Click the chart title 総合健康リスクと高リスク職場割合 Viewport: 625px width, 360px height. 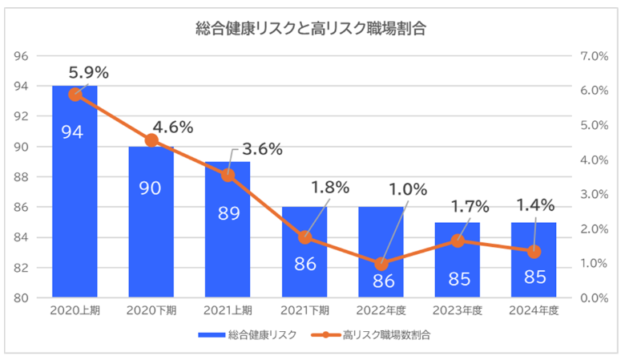[311, 30]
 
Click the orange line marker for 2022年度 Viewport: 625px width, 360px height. [381, 264]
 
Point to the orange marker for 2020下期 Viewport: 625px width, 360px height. [151, 140]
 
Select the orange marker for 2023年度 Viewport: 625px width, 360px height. [458, 240]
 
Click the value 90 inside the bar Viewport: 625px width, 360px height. [151, 188]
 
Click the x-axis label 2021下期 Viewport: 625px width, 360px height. [304, 310]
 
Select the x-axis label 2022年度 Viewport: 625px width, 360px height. [381, 310]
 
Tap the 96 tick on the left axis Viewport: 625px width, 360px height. [21, 56]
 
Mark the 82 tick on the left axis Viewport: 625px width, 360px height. [21, 268]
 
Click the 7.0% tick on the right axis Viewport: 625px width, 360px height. [595, 56]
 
